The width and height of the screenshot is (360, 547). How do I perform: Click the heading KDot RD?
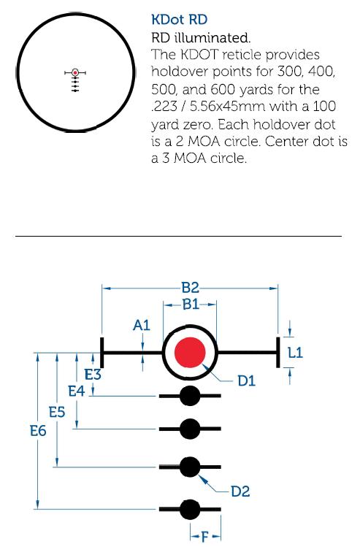coord(180,20)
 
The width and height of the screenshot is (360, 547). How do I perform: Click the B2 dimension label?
coord(190,288)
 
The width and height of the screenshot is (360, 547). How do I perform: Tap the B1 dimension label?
coord(191,305)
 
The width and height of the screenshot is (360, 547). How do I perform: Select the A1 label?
coord(142,325)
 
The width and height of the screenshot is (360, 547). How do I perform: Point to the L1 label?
coord(295,353)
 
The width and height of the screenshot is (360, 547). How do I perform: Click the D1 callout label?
coord(247,381)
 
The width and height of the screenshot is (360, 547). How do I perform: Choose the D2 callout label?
coord(241,491)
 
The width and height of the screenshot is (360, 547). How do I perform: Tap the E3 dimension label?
coord(93,375)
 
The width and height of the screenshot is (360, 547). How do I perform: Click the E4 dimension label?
coord(77,391)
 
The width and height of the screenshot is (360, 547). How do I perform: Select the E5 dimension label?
coord(57,413)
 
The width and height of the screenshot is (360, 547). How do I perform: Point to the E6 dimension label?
coord(38,431)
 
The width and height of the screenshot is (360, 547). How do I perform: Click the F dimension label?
coord(204,537)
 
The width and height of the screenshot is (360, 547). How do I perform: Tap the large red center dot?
coord(190,352)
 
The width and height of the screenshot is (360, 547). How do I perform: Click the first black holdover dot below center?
coord(190,396)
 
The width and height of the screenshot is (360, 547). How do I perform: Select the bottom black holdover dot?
coord(190,509)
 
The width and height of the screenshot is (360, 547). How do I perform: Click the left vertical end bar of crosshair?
coord(102,352)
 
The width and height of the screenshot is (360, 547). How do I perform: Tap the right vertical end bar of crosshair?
coord(278,352)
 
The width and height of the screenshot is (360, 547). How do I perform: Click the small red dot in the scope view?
coord(75,72)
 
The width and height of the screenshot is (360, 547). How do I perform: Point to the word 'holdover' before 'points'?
coord(180,72)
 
